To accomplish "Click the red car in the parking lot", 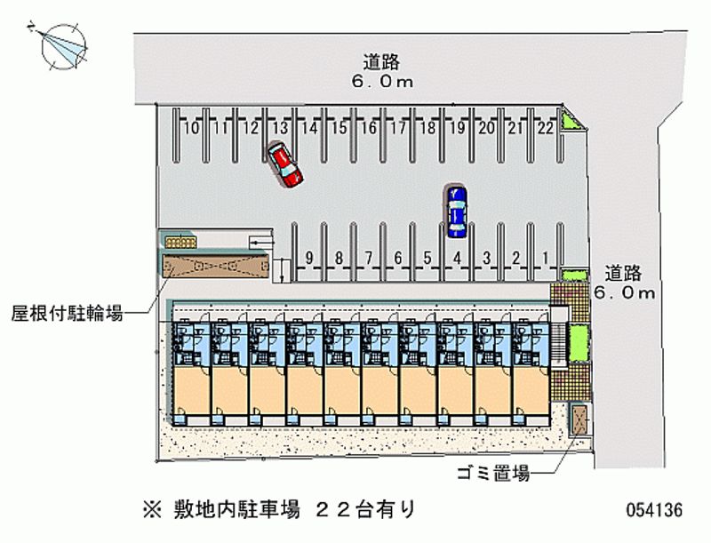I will pyautogui.click(x=285, y=164).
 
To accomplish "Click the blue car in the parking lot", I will pyautogui.click(x=457, y=212).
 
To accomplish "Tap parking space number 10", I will pyautogui.click(x=190, y=138).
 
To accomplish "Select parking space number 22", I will pyautogui.click(x=545, y=138).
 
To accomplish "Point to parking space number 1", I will pyautogui.click(x=545, y=260).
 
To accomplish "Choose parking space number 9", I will pyautogui.click(x=308, y=260).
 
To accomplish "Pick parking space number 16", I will pyautogui.click(x=369, y=138).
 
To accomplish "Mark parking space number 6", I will pyautogui.click(x=398, y=260).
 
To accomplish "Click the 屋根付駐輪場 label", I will pyautogui.click(x=68, y=313).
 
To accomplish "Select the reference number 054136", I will pyautogui.click(x=654, y=511).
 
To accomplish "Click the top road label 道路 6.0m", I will pyautogui.click(x=381, y=71).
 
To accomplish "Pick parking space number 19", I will pyautogui.click(x=457, y=138).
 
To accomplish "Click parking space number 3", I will pyautogui.click(x=486, y=260).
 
